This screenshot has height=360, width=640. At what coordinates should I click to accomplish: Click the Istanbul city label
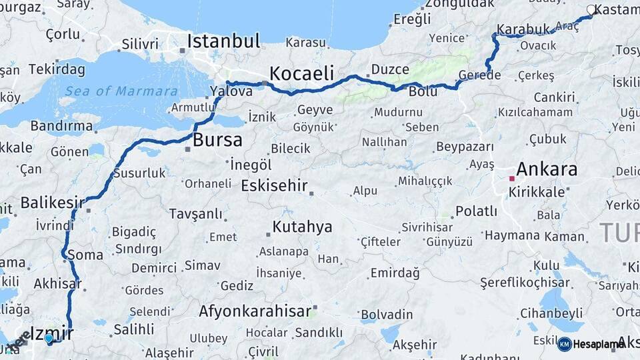click(x=223, y=41)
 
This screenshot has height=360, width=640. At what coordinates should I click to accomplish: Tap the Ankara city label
click(x=546, y=169)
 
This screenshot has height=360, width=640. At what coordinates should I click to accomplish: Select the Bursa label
click(x=217, y=141)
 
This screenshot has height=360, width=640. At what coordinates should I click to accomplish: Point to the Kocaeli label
click(x=301, y=73)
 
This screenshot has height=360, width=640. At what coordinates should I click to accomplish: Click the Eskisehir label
click(x=274, y=185)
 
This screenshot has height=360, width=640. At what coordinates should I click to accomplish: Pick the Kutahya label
click(x=302, y=227)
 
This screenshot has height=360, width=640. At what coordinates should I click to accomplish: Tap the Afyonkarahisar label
click(x=255, y=311)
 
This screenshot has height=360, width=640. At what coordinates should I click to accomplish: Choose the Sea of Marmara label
click(x=121, y=91)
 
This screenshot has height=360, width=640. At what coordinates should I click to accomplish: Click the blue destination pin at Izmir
click(x=49, y=339)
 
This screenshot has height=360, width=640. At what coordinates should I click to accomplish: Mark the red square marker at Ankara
click(x=512, y=178)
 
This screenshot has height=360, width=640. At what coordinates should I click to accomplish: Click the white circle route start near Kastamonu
click(x=591, y=9)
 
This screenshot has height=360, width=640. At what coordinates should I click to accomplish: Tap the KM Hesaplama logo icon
click(x=564, y=344)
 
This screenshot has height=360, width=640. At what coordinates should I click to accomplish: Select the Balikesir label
click(x=53, y=202)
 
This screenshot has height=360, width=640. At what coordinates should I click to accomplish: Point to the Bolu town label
click(x=423, y=91)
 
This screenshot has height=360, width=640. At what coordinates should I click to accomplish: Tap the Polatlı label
click(x=476, y=211)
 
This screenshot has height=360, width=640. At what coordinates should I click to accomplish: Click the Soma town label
click(x=85, y=255)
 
